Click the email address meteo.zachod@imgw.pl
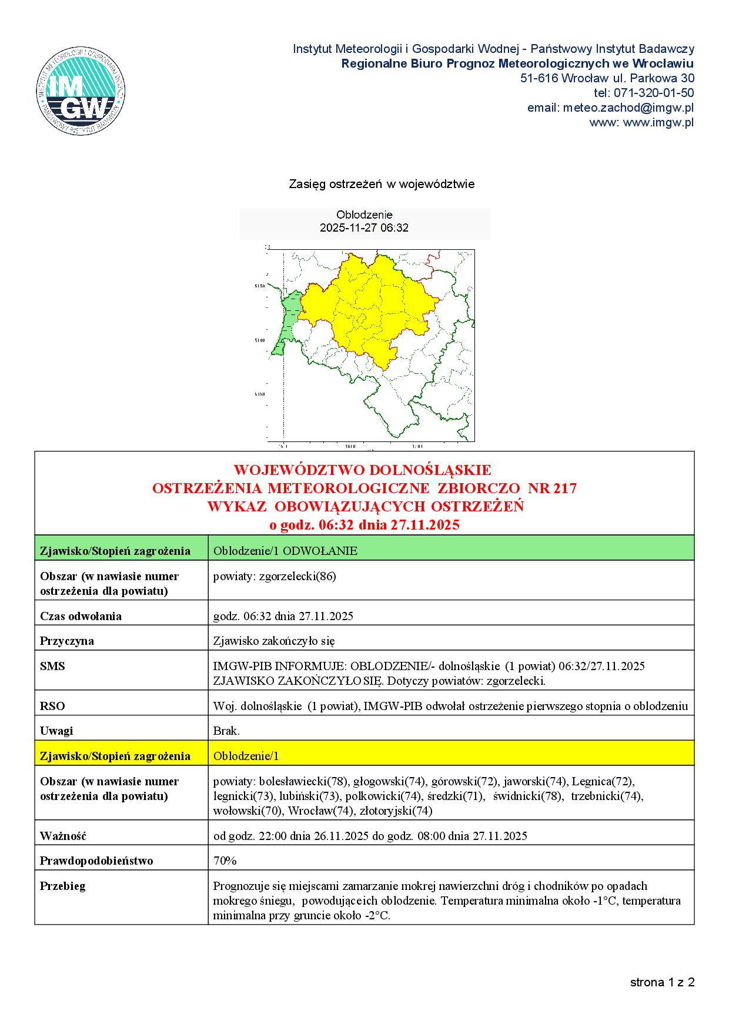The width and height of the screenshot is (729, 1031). coord(628,108)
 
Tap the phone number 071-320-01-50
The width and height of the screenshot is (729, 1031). coord(653,93)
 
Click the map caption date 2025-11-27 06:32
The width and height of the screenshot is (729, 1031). coord(364,227)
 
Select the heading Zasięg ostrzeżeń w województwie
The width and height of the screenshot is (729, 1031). coord(382,184)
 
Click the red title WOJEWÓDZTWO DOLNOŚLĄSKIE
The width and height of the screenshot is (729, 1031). coord(362,470)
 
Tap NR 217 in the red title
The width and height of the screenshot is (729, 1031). coord(552,488)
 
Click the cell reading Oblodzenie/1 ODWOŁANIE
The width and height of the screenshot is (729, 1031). coord(285,551)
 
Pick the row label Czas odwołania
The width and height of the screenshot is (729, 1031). coord(81,616)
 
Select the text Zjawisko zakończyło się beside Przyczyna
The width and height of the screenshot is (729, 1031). coord(274,641)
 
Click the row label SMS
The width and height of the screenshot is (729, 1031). coord(52,666)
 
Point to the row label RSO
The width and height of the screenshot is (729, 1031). coord(52,706)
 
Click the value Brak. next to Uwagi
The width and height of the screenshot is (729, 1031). coord(226,731)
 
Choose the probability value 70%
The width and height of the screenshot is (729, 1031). coord(225,861)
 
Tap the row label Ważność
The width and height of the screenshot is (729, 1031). coord(63,835)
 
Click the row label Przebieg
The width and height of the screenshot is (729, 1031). coord(63,886)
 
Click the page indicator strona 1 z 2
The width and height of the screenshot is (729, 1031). coord(662,982)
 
